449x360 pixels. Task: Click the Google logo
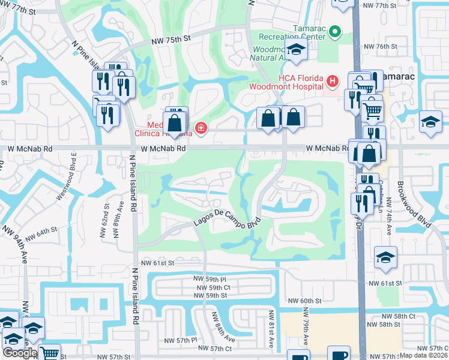[20, 353]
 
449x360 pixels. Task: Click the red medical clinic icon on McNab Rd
[200, 127]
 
